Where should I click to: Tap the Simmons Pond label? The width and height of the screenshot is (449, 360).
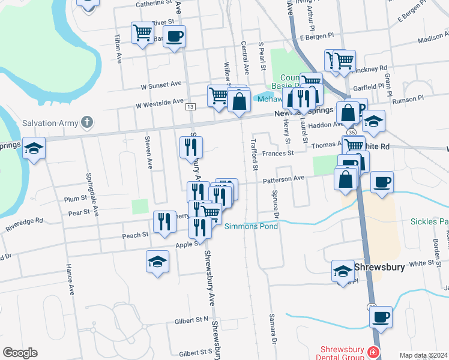pos(251,226)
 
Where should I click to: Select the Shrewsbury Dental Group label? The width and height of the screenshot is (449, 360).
pos(343,353)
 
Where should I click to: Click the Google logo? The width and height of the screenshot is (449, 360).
pos(20,353)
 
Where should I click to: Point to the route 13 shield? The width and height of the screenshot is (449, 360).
pos(190,107)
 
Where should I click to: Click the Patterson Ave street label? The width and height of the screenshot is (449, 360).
pos(283,178)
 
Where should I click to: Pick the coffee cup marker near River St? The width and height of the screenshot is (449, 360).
pos(174,37)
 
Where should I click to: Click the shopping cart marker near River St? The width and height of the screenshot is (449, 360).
pos(143,32)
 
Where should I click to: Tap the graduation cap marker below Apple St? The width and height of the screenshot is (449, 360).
pos(157,262)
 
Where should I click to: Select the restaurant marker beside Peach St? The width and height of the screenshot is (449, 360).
pos(164,222)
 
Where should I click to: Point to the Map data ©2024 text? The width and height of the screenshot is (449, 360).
pos(422,355)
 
